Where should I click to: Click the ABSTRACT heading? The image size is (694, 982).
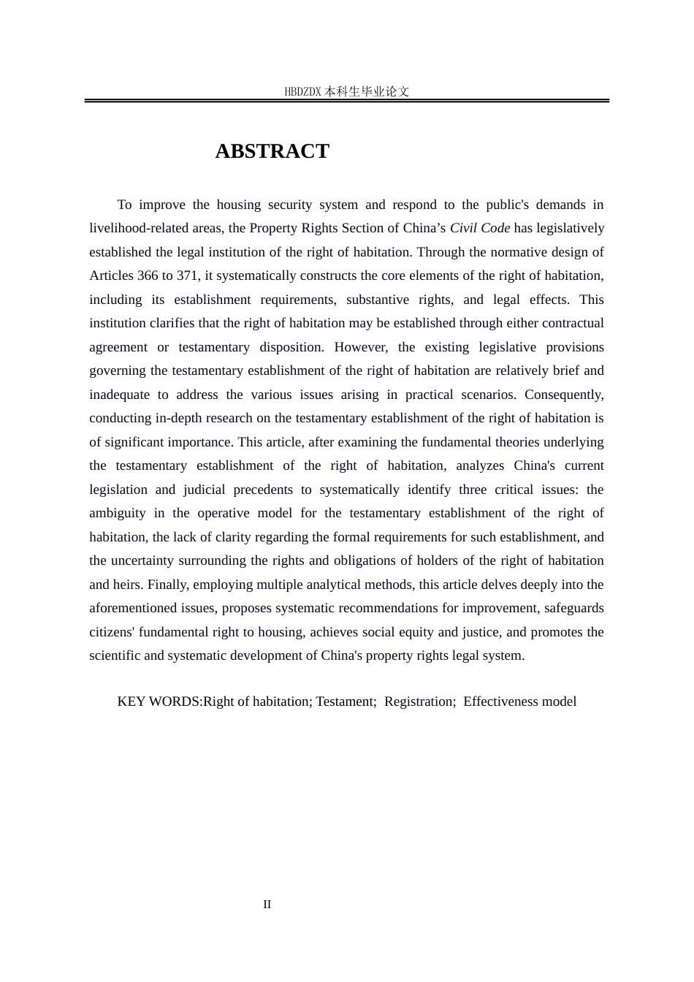272,151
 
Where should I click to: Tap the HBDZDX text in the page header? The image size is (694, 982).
303,91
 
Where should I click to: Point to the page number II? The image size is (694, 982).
267,905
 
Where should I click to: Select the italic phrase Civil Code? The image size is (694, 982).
480,228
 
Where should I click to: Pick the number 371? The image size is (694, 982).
188,275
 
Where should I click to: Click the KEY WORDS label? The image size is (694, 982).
159,701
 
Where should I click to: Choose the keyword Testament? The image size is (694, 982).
345,701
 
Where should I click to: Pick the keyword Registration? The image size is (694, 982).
419,701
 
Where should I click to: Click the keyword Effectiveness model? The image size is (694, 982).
519,701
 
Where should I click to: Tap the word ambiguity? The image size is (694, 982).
118,513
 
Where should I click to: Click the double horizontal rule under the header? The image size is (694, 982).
346,101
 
